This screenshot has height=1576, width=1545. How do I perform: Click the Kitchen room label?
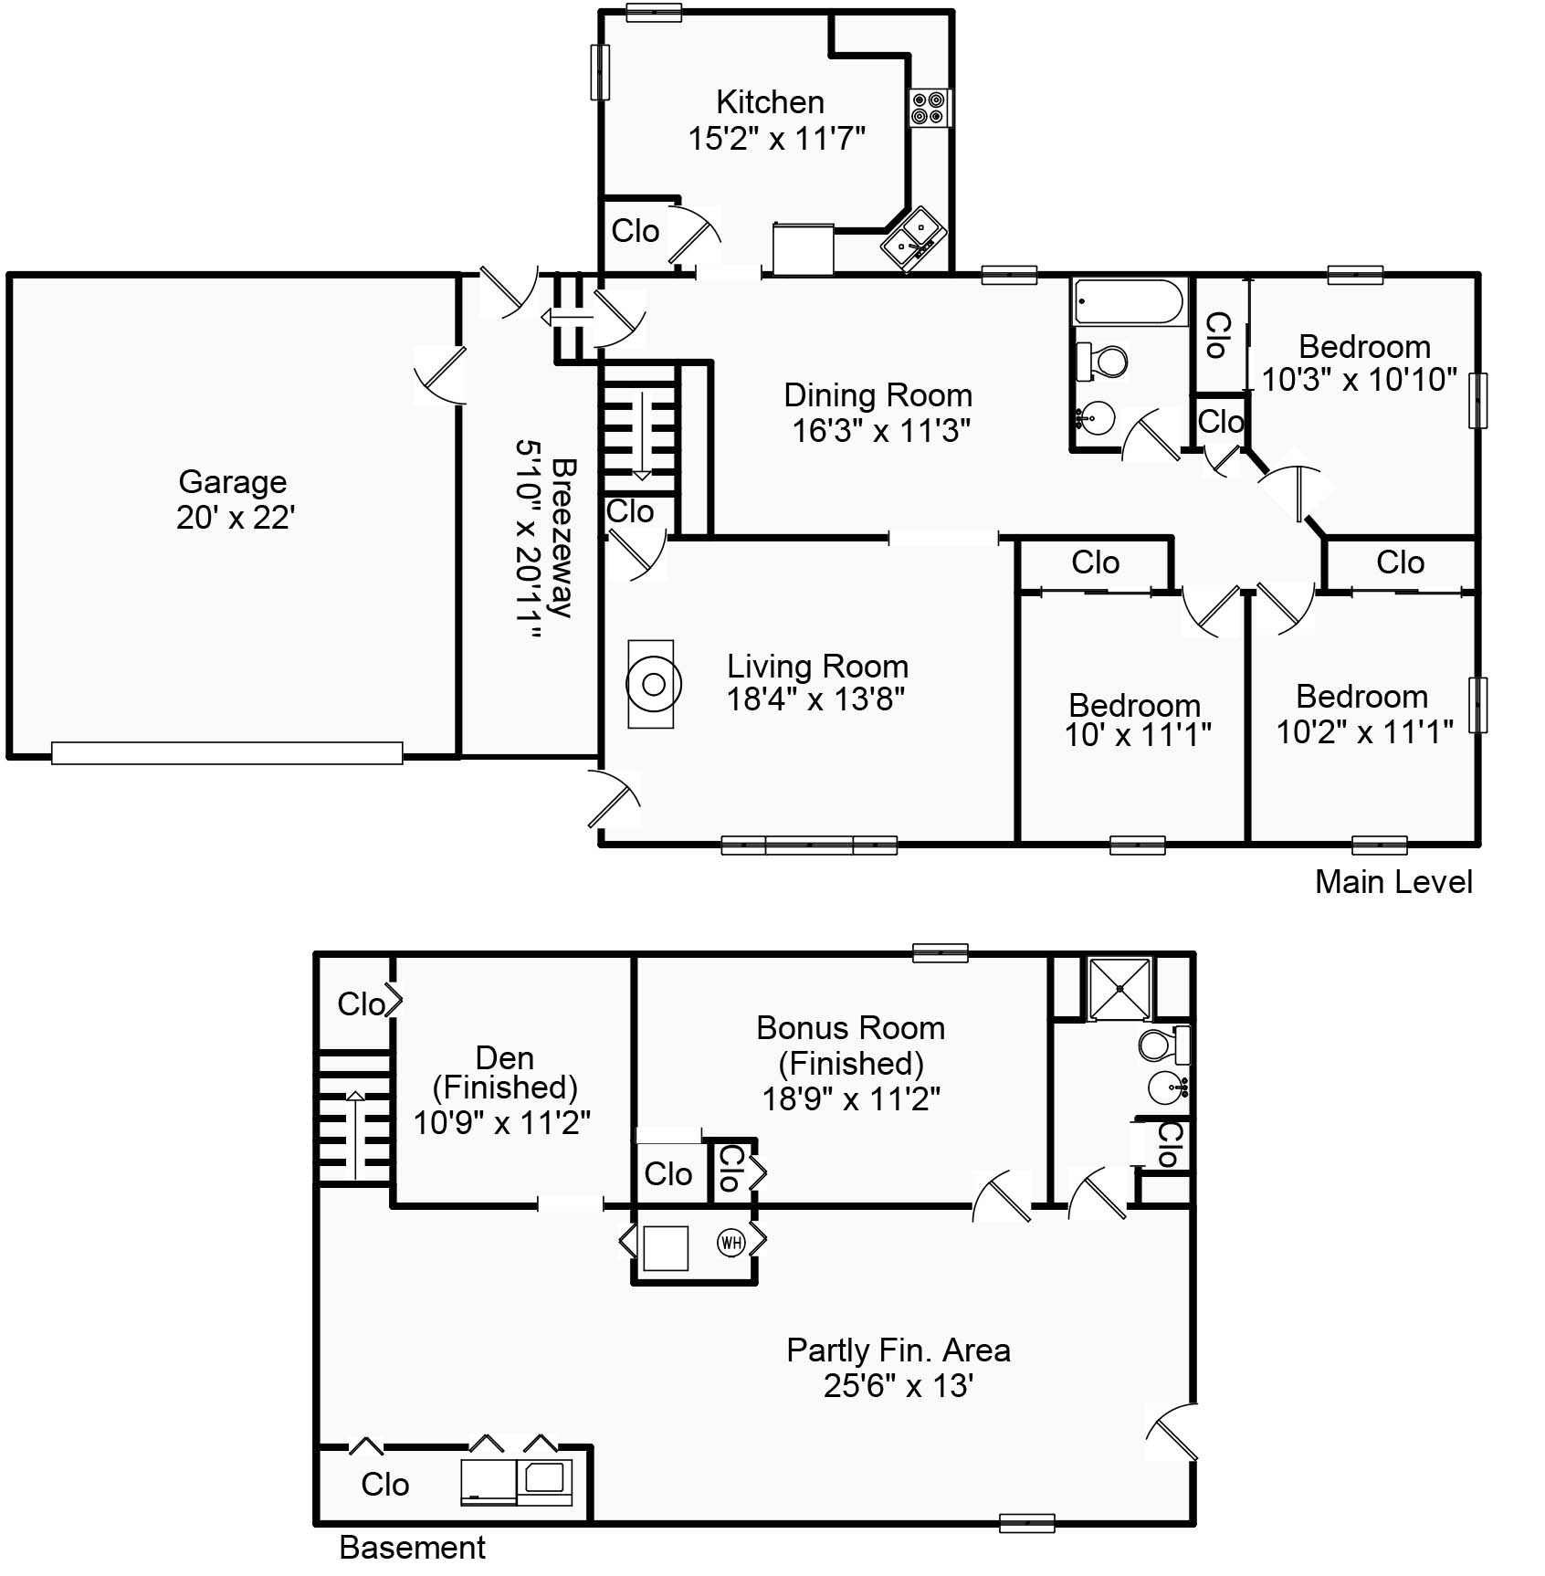coord(770,101)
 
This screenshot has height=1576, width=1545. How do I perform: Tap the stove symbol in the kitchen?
coord(929,108)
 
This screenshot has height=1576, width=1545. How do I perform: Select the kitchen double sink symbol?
coord(912,236)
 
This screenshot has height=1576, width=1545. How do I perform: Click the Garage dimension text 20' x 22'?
coord(235,518)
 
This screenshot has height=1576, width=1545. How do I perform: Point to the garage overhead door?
coord(226,752)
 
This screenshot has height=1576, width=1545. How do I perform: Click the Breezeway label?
coord(563,539)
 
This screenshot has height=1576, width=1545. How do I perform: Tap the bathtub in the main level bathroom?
coord(1129,301)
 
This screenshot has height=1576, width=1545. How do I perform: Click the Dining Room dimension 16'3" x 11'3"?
coord(880,430)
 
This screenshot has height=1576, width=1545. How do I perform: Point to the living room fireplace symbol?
coord(652,684)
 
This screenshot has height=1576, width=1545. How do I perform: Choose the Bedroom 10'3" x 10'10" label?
coord(1364,347)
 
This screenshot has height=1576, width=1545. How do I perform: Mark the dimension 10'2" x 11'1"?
coord(1364,731)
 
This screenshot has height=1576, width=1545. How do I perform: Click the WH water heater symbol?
coord(730,1242)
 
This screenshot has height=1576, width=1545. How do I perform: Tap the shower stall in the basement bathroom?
coord(1119,987)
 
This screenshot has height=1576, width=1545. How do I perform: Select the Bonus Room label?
coord(850,1028)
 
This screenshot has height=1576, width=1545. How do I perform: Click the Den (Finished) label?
coord(504,1072)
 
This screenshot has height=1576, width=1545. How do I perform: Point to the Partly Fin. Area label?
coord(898,1350)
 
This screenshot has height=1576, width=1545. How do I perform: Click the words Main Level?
coord(1393,881)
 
